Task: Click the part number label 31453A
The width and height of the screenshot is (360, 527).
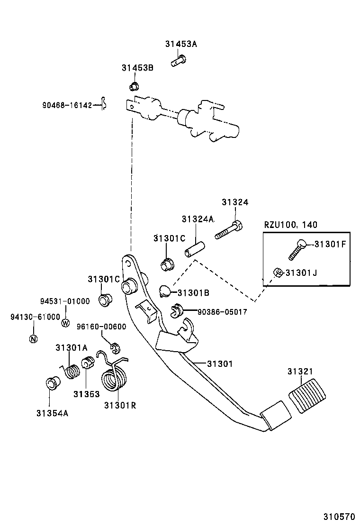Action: [x=181, y=44]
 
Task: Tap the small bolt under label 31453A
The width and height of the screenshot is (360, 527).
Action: [x=178, y=60]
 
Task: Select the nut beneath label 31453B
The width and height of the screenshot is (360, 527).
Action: [x=134, y=86]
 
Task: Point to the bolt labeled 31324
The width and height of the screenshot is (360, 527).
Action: [x=229, y=231]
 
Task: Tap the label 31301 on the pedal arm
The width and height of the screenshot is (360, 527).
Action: [x=219, y=363]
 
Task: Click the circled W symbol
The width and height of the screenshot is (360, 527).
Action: [x=66, y=323]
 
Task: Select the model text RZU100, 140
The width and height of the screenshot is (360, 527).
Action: [x=291, y=225]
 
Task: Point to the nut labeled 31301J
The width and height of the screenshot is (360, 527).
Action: [x=279, y=272]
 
